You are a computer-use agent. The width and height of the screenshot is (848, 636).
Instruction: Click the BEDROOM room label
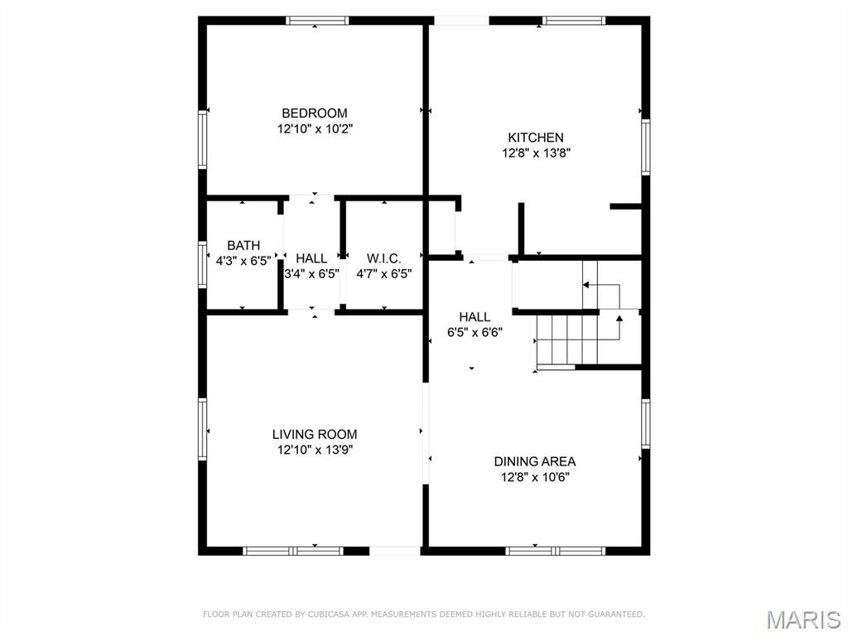point(314,113)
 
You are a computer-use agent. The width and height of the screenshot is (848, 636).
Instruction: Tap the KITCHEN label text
point(536,137)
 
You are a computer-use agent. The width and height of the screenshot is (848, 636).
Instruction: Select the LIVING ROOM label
point(314,434)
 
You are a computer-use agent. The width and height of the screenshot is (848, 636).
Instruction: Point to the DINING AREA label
point(535,461)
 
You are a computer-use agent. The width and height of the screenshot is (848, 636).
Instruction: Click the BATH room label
point(243,245)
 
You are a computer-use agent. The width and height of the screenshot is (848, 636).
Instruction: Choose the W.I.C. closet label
point(383,258)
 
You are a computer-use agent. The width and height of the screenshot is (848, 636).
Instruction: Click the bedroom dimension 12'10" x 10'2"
point(315,128)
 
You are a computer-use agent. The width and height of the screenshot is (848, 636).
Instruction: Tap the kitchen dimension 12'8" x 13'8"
point(536,153)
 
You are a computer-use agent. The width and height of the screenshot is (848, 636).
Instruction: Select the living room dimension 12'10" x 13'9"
point(315,450)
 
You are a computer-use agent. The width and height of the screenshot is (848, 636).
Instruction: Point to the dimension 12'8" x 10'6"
point(535,477)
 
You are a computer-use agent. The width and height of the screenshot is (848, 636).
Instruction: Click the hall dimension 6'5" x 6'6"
point(475,332)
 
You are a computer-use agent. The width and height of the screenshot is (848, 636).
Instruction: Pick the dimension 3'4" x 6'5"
point(312,273)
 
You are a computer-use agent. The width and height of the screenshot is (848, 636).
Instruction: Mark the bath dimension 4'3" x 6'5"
point(243,261)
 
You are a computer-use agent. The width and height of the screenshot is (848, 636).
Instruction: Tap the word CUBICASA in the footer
point(330,614)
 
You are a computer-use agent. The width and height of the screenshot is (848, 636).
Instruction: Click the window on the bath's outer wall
point(202,264)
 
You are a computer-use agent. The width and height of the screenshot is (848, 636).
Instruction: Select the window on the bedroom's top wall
point(317,21)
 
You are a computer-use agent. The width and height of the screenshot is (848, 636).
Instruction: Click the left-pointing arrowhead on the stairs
point(585,285)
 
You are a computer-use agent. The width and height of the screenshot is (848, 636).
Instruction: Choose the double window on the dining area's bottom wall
point(556,551)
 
